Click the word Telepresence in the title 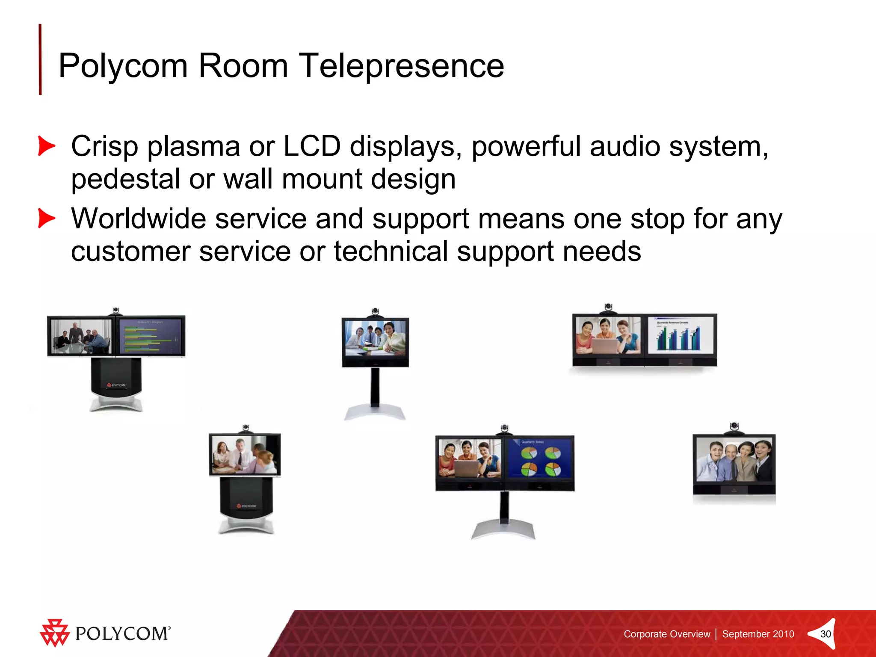401,66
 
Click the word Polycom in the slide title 123,66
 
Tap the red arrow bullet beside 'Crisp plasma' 46,146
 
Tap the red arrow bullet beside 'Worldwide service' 46,218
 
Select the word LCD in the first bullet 312,146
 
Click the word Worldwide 139,219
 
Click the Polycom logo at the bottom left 105,633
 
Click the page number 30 825,634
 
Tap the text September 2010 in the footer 758,634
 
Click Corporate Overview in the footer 666,634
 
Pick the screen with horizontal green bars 151,336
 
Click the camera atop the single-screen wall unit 734,427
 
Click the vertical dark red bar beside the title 40,59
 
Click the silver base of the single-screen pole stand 375,413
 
